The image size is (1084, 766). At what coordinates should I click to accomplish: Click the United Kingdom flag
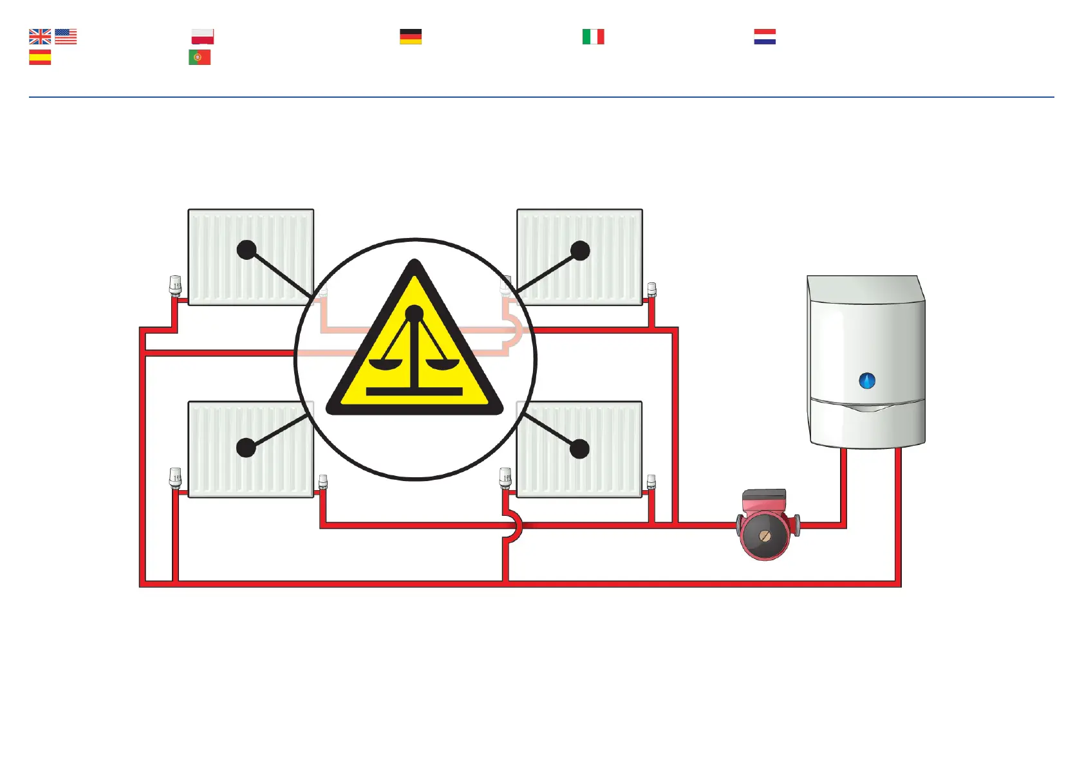tap(40, 37)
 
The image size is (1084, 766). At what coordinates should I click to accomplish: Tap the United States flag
tap(66, 37)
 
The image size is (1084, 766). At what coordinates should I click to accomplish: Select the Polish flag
tap(203, 37)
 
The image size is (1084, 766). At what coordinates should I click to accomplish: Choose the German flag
tap(411, 37)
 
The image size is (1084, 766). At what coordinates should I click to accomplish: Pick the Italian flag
tap(593, 37)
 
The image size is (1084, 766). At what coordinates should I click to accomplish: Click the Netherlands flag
tap(765, 37)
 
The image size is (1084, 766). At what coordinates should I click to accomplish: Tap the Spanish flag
tap(40, 58)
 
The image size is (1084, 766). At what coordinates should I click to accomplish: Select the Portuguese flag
tap(200, 58)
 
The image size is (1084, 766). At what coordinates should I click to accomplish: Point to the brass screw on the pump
tap(765, 536)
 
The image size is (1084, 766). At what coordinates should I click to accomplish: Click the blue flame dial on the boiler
tap(867, 381)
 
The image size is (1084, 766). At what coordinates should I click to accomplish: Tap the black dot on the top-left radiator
tap(247, 250)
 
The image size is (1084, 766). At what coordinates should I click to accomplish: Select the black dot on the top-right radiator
tap(580, 250)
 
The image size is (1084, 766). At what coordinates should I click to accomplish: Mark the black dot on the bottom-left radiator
tap(246, 448)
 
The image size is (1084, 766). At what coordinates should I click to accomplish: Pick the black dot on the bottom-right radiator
tap(579, 448)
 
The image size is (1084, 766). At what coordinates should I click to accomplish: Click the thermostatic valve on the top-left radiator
tap(175, 285)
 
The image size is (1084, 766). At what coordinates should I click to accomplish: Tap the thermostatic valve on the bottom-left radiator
tap(175, 478)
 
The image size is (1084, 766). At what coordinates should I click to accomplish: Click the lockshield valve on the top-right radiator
tap(651, 289)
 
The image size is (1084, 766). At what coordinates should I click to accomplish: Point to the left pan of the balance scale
tap(384, 365)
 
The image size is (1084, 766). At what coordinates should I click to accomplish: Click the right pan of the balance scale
tap(444, 365)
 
